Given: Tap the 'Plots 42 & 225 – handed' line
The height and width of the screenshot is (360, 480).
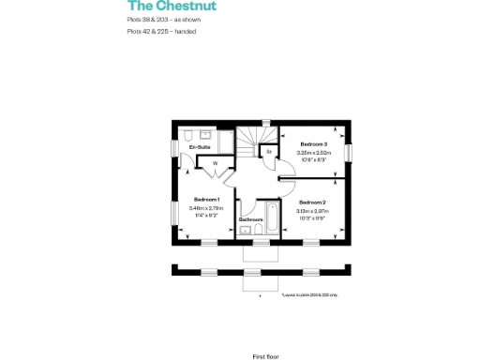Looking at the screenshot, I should [161, 31].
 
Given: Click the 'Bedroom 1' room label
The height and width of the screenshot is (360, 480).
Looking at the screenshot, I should [206, 200].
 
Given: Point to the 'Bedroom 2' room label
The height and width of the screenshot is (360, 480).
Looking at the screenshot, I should [312, 202].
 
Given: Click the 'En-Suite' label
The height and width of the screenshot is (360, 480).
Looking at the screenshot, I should [199, 148].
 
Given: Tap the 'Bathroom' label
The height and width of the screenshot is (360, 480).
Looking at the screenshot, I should [250, 219].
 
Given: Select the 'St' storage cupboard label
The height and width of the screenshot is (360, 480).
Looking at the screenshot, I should [269, 150].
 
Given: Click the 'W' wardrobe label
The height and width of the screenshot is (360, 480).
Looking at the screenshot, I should [215, 164].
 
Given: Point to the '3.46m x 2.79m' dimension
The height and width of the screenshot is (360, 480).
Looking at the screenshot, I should [206, 208].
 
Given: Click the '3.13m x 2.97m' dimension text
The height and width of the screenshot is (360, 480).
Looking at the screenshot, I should [312, 212].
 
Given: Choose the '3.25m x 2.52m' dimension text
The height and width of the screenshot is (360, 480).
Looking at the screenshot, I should [313, 152].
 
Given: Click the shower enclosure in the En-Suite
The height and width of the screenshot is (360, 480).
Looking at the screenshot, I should [184, 133].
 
